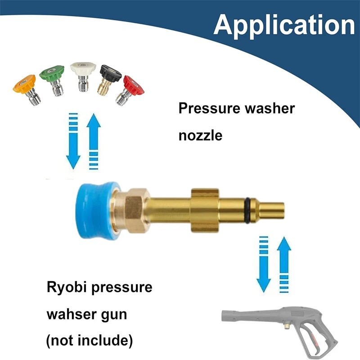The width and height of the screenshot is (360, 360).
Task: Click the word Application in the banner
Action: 284,25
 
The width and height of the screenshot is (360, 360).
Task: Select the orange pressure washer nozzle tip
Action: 27,89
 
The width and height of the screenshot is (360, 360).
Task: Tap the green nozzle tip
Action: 53,80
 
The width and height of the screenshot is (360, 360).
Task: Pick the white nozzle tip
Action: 83,76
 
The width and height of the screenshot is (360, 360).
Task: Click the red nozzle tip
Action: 130,90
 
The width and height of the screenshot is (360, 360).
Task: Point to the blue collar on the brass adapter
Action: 98,210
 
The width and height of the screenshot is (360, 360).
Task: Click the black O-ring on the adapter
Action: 247,210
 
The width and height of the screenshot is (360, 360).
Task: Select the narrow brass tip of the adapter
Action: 272,210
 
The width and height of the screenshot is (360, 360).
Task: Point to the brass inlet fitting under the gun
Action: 287,325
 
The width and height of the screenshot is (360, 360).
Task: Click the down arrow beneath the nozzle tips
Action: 73,141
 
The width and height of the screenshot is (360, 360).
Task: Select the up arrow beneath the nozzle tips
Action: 94,141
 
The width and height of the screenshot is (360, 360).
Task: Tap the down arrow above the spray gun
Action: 264,264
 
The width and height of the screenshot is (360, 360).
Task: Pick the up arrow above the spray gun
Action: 284,265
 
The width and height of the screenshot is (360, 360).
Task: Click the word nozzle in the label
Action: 200,135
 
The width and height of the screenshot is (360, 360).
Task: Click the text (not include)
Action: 90,340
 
